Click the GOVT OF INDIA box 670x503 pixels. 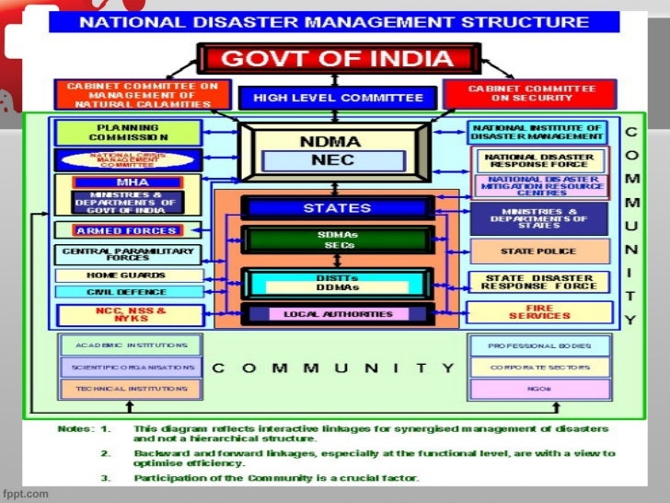pyautogui.click(x=338, y=60)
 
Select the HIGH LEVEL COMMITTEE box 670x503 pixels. pyautogui.click(x=338, y=98)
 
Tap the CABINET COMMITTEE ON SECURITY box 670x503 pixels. pyautogui.click(x=531, y=94)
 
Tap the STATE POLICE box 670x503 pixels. pyautogui.click(x=539, y=251)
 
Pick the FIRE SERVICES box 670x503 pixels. pyautogui.click(x=539, y=312)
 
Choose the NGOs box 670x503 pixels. pyautogui.click(x=539, y=389)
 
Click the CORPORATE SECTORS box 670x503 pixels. pyautogui.click(x=539, y=367)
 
